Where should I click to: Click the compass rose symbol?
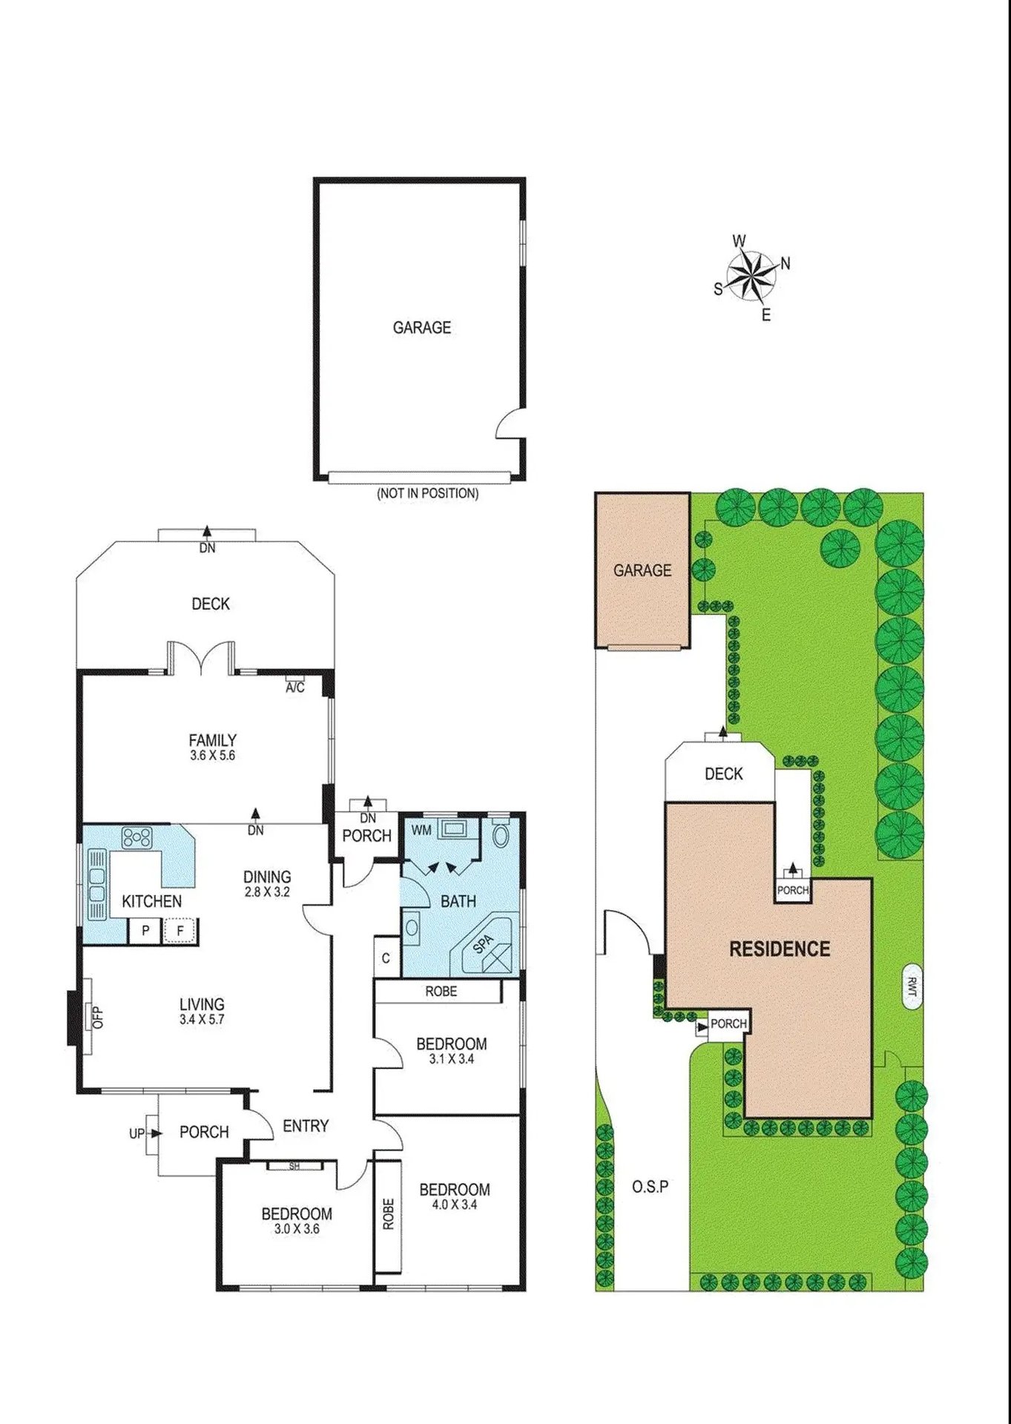click(751, 277)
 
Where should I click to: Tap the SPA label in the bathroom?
click(483, 943)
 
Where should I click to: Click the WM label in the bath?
click(421, 830)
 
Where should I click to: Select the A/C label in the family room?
click(295, 688)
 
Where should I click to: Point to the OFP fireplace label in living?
click(97, 1016)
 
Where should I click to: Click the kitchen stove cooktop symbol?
click(137, 838)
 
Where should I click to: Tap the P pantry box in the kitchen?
click(145, 930)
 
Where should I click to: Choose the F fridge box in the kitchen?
click(180, 930)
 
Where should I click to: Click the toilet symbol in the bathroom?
click(501, 835)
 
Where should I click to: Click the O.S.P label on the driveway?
click(650, 1187)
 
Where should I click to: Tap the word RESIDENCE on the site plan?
click(780, 949)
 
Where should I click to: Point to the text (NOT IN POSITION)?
click(428, 493)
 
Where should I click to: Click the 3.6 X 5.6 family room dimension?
click(212, 756)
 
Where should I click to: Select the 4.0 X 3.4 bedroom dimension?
click(454, 1205)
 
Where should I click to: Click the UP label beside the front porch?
click(136, 1133)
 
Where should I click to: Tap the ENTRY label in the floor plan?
click(306, 1126)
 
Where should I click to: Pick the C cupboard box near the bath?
click(386, 957)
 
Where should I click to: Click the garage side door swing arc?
click(510, 423)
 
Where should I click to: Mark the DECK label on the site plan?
click(723, 774)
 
